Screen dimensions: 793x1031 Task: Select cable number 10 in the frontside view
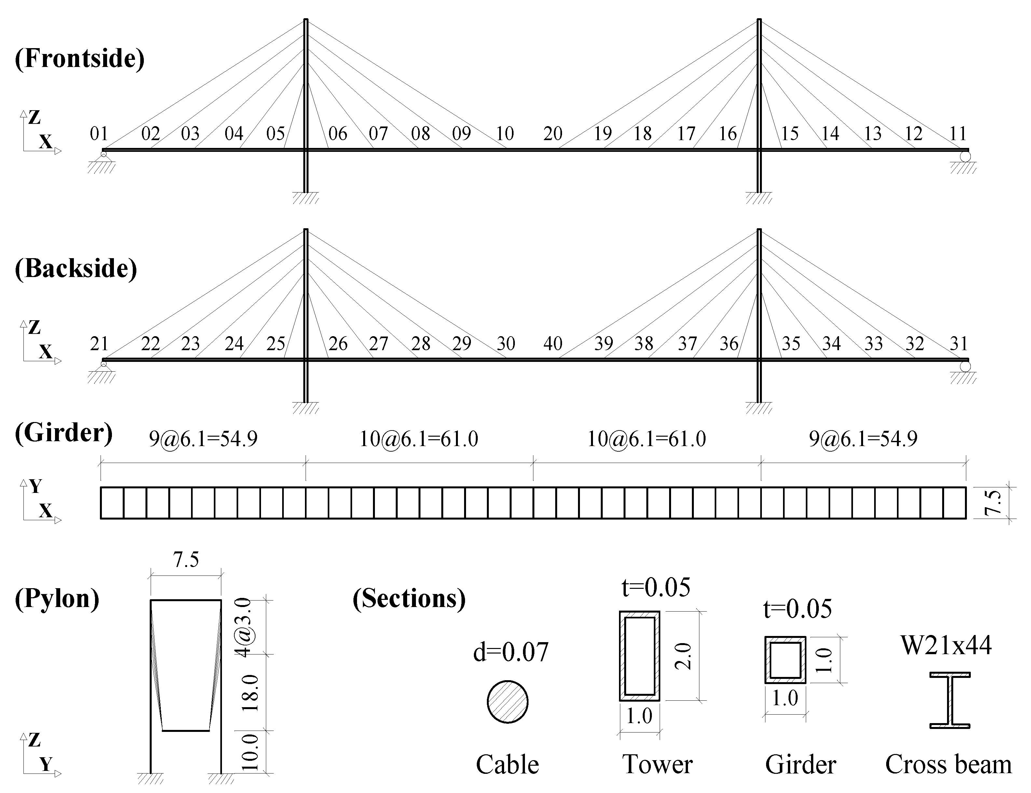505,134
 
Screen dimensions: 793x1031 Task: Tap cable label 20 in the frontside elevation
553,134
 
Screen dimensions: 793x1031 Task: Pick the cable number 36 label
728,344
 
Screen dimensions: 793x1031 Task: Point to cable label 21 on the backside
99,344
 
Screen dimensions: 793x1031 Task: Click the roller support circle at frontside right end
965,156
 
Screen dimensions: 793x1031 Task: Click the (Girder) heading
64,432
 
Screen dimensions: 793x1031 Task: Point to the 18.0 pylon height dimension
251,693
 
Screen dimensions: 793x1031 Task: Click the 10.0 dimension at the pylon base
251,752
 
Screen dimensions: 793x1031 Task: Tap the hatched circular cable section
507,702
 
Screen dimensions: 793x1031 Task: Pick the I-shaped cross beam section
950,700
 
